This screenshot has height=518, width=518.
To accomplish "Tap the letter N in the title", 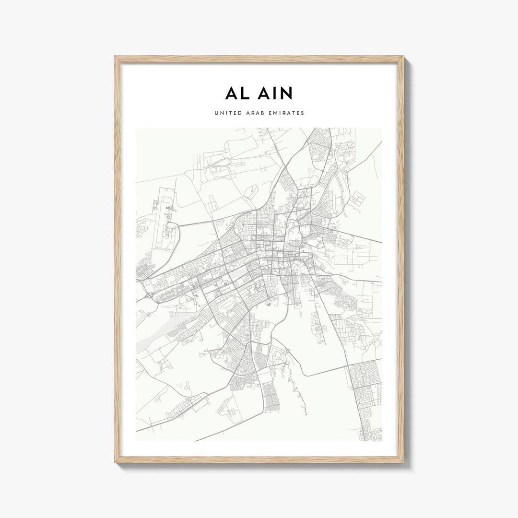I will [285, 94].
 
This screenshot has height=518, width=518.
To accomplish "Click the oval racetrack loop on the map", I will [220, 163].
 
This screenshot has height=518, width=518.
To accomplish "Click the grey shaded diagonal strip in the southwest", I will [158, 331].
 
